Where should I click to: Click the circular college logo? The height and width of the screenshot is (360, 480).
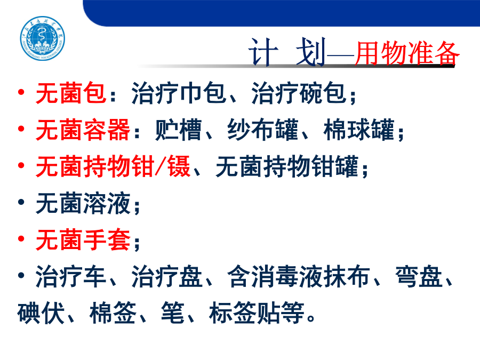[43, 38]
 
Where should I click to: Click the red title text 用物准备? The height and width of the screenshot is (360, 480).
[407, 53]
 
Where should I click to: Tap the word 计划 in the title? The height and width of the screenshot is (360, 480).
[287, 52]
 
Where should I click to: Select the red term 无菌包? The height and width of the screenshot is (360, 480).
[71, 93]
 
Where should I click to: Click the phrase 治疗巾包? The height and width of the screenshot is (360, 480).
[179, 93]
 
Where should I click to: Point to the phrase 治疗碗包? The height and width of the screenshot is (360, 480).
[299, 93]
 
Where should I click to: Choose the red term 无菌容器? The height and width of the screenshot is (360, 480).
[83, 130]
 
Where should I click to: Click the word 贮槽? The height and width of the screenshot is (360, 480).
[179, 130]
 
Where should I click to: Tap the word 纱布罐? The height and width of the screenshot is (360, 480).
[262, 130]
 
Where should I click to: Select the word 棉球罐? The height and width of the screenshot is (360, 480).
[359, 130]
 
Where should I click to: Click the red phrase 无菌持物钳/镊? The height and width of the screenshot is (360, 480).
[113, 166]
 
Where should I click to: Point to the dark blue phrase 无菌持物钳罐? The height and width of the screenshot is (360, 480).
[287, 166]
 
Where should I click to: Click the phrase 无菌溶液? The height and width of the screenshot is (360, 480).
[83, 203]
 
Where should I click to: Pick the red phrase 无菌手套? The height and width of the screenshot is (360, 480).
[83, 239]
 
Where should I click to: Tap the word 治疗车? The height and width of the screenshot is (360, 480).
[71, 276]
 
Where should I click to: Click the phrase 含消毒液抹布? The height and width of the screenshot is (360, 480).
[299, 276]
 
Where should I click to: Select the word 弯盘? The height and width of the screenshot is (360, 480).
[419, 276]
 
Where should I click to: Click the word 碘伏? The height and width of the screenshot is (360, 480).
[41, 313]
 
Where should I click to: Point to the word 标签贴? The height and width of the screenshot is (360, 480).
[244, 313]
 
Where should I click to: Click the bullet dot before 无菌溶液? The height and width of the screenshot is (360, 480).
[21, 202]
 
